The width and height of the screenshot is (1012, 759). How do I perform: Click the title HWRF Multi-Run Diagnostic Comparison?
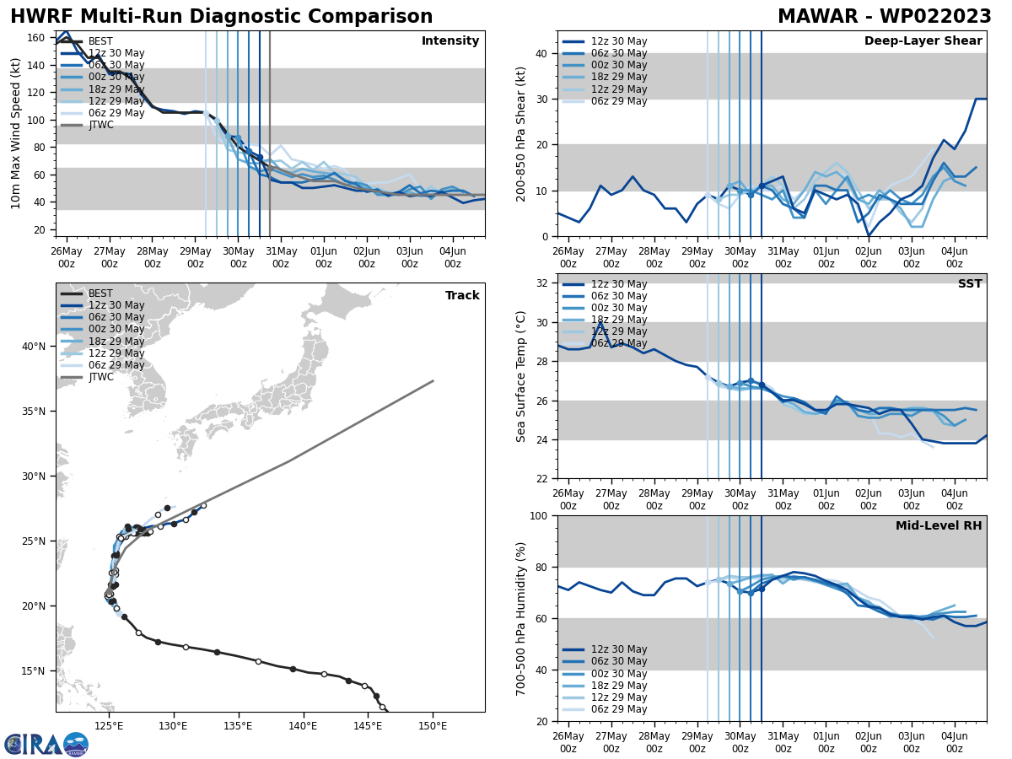click(x=221, y=17)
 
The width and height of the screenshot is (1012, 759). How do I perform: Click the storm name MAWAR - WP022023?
click(x=884, y=17)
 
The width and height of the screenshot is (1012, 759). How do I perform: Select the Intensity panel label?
click(x=450, y=41)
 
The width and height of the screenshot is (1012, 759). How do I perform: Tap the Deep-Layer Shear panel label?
click(x=923, y=41)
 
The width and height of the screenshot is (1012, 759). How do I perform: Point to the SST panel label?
click(x=970, y=284)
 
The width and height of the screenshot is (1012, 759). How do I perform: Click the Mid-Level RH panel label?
click(x=939, y=526)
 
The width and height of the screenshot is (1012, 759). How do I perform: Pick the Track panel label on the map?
click(x=462, y=296)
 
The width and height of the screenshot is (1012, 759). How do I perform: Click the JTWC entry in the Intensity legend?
click(x=100, y=125)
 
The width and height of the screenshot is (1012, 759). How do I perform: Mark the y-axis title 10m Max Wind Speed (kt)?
click(x=16, y=133)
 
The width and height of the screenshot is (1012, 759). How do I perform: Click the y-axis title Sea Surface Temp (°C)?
click(x=521, y=376)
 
